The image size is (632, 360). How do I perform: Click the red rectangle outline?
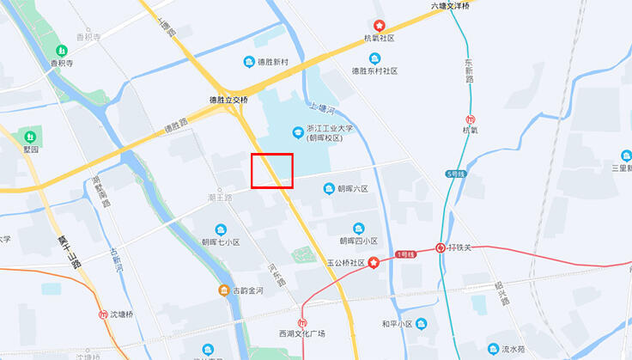click(272, 170)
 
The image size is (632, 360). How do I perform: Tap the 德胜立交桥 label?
click(228, 100)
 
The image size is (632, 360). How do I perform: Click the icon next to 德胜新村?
click(248, 62)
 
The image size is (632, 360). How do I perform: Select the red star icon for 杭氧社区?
click(378, 25)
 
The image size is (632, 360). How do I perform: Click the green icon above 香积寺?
click(59, 50)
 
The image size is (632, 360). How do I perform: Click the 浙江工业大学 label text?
click(324, 128)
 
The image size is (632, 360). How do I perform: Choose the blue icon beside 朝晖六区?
click(327, 189)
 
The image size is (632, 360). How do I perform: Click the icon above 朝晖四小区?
click(358, 228)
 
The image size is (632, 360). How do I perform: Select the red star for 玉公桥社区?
click(374, 262)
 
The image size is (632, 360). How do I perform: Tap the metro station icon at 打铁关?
click(440, 247)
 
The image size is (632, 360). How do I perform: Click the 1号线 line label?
click(405, 255)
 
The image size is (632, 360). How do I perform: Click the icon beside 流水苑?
click(493, 349)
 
